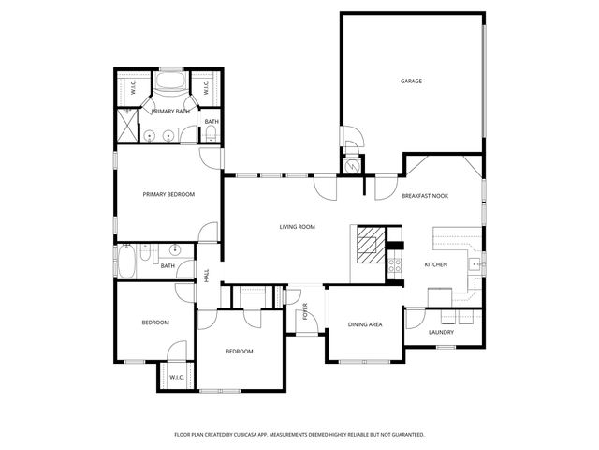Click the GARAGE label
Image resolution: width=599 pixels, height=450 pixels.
point(411,82)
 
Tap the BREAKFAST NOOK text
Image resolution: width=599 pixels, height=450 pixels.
point(425,195)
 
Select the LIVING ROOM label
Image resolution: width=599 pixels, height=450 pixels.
point(297,227)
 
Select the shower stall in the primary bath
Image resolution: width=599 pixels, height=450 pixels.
point(125,124)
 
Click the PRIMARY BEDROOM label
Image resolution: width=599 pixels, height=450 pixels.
point(168,194)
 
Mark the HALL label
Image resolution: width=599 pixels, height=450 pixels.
point(207,276)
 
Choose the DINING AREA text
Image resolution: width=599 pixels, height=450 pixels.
point(365,325)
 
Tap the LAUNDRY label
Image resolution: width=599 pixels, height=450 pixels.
point(441,333)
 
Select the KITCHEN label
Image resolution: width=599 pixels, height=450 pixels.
point(436,264)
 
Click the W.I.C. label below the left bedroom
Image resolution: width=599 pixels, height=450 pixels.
point(176,378)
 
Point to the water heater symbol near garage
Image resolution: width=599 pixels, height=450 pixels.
point(352,164)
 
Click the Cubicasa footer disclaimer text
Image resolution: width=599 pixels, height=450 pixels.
point(299,435)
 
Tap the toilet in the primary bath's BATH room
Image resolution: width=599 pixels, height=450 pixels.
point(210,137)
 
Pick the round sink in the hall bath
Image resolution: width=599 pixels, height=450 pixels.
point(174,251)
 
